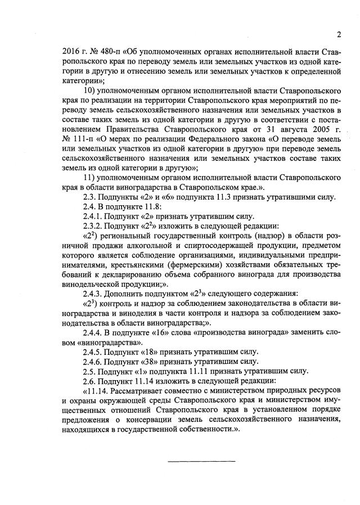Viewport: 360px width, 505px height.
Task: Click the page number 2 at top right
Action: (x=339, y=34)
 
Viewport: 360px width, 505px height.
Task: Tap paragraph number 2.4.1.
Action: (x=93, y=217)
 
